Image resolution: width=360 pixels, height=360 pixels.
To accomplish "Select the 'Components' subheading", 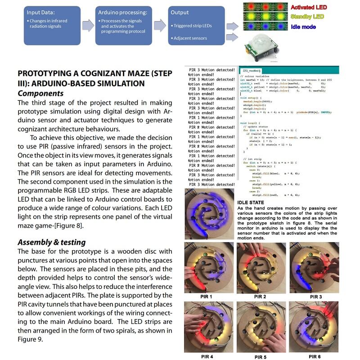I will point(40,94).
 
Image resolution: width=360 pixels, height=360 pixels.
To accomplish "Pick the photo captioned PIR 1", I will point(208,267).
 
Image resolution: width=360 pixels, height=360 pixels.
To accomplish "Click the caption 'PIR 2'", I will point(260,297).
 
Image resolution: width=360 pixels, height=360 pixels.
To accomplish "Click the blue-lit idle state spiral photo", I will point(209,214).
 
